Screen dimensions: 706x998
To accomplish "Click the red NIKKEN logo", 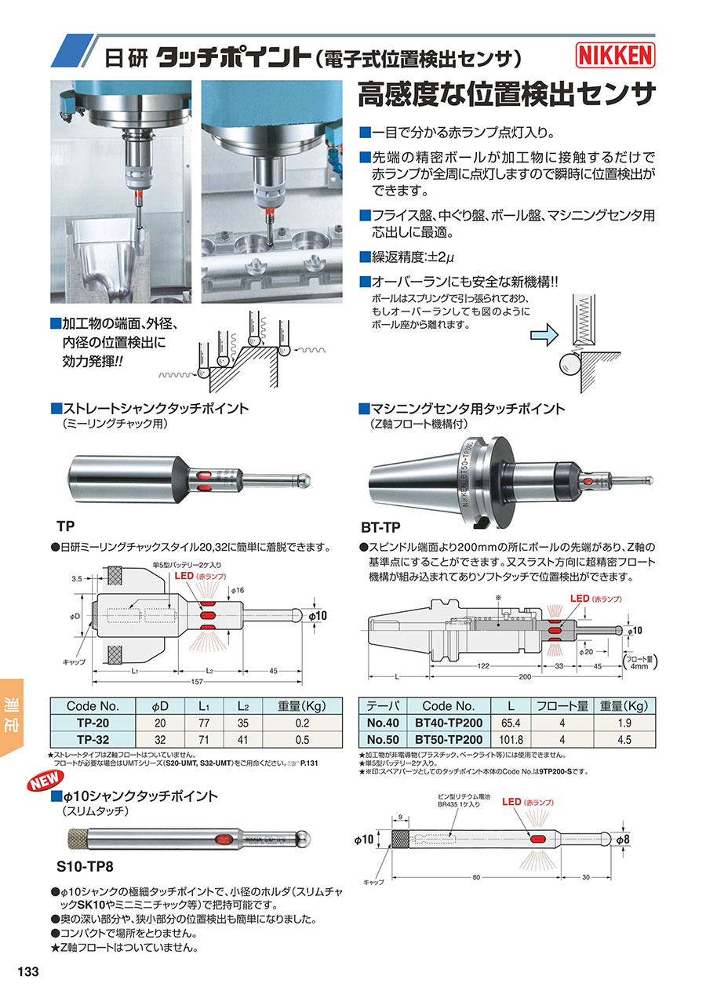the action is click(x=615, y=55).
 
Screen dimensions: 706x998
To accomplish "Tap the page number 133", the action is click(x=28, y=971).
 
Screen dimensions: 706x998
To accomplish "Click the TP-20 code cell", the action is click(x=93, y=723).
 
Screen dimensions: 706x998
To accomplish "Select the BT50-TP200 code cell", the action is click(x=449, y=739).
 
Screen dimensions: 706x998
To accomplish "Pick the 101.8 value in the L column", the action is click(x=511, y=740).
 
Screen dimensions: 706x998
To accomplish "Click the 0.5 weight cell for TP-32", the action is click(x=302, y=740).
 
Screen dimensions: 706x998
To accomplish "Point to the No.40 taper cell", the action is click(x=383, y=723).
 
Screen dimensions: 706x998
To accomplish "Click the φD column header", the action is click(x=160, y=706).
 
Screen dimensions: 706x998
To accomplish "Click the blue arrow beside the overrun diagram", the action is click(x=544, y=334).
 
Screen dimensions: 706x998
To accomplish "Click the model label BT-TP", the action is click(x=380, y=527).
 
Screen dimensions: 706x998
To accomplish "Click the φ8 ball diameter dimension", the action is click(x=623, y=840).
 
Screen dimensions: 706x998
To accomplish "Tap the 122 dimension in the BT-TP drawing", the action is click(x=483, y=666).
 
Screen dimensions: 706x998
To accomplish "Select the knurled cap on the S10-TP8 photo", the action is click(x=78, y=840).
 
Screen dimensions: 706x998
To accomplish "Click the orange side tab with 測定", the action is click(x=12, y=718).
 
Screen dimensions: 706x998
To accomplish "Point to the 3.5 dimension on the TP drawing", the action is click(x=77, y=579).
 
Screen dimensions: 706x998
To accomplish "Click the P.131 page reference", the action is click(x=309, y=763).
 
